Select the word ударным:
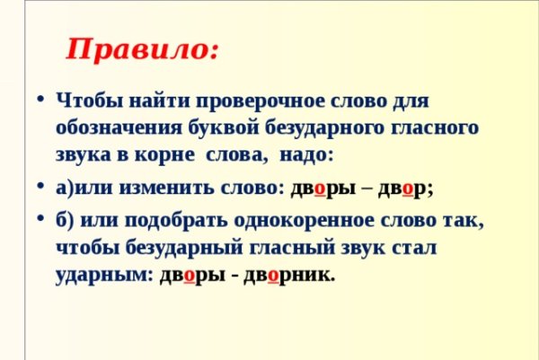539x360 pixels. click(x=104, y=276)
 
